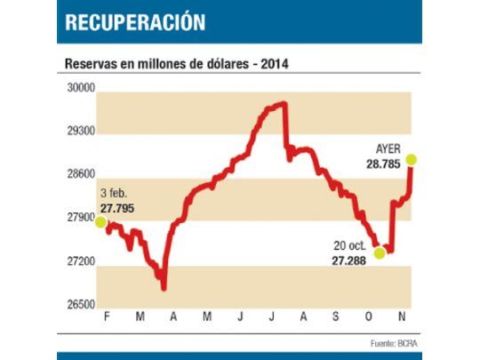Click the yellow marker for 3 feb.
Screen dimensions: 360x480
[x=100, y=222]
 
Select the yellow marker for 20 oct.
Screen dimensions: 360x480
[x=380, y=252]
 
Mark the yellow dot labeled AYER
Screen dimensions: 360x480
[x=411, y=160]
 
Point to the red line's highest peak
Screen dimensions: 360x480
[x=282, y=104]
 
